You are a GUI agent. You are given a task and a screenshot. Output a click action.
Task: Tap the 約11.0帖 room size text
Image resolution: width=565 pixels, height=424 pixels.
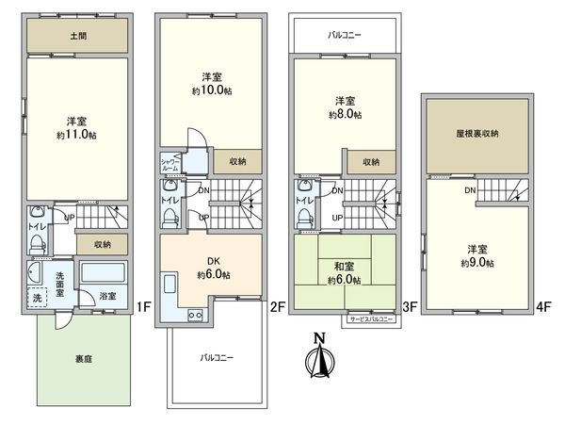click(76, 135)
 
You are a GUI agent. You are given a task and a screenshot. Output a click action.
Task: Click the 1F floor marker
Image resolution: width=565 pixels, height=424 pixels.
click(142, 306)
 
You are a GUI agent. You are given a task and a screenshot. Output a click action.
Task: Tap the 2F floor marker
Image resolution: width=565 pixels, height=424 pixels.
click(277, 306)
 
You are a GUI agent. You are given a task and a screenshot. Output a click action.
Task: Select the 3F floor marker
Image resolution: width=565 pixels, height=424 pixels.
click(410, 306)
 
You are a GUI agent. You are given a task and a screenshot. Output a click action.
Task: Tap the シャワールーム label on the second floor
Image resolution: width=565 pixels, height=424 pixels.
click(169, 163)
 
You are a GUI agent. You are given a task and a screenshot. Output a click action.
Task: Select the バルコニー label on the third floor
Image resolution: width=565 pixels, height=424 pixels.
click(345, 35)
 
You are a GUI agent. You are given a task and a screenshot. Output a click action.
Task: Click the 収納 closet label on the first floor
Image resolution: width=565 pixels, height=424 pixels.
click(103, 244)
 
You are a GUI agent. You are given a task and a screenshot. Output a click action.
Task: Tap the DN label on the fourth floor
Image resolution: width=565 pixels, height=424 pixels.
click(468, 191)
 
